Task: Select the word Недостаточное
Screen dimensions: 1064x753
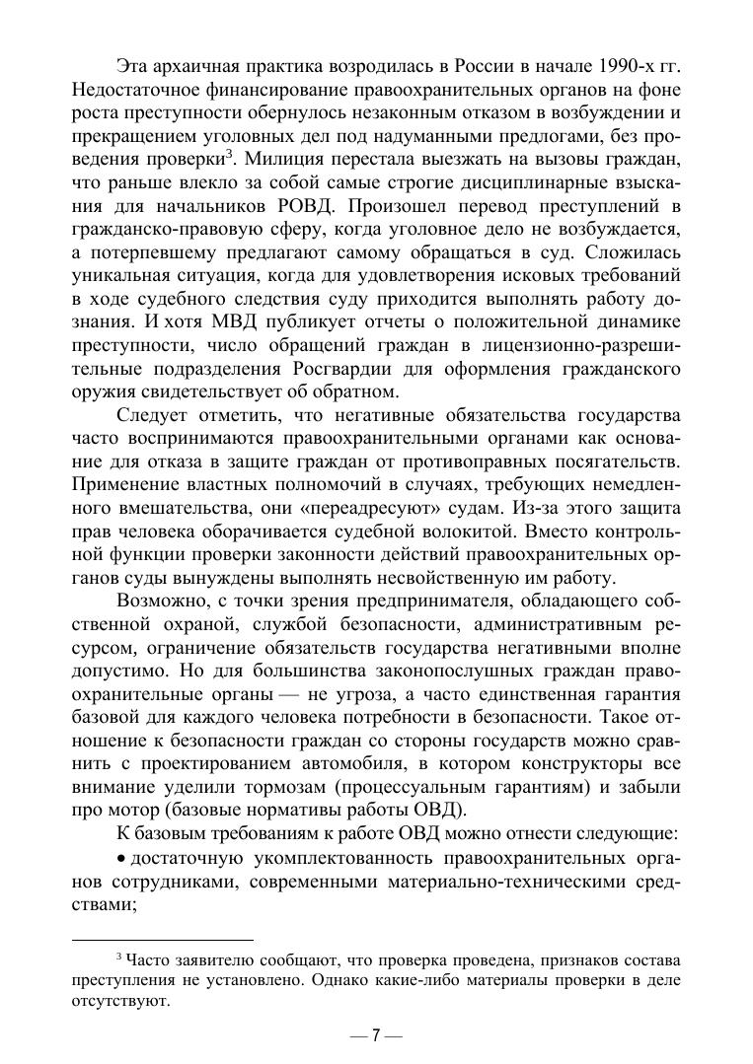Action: tap(130, 90)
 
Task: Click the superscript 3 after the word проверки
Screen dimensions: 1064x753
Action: tap(228, 153)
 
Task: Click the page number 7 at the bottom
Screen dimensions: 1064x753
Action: tap(376, 1035)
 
